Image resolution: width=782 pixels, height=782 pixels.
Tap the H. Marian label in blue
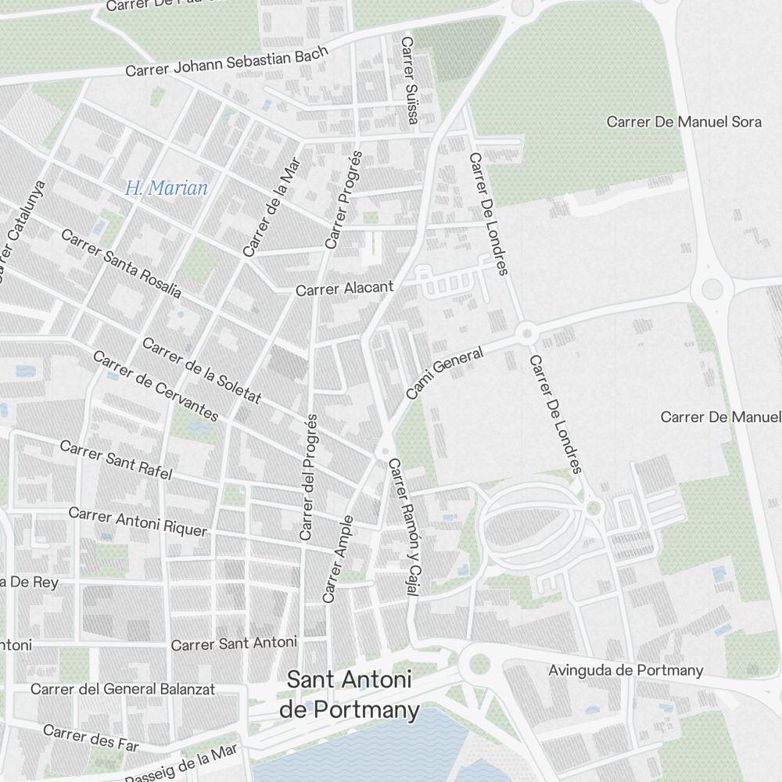pyautogui.click(x=167, y=188)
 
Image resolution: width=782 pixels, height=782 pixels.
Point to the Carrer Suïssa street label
pyautogui.click(x=409, y=80)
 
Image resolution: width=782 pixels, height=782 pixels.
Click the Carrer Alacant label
pyautogui.click(x=344, y=289)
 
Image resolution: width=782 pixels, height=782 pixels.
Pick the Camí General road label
pyautogui.click(x=444, y=375)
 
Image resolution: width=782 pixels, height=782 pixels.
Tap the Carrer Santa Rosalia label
pyautogui.click(x=120, y=264)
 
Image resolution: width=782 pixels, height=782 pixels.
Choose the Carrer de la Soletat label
pyautogui.click(x=201, y=371)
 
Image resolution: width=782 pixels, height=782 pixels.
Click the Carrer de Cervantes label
pyautogui.click(x=155, y=386)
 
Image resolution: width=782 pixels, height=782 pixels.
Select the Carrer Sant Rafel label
pyautogui.click(x=116, y=460)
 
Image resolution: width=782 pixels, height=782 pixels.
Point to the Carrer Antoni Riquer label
pyautogui.click(x=138, y=522)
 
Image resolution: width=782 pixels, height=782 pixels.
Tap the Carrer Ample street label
pyautogui.click(x=338, y=558)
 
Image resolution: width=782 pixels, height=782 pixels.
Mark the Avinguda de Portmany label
pyautogui.click(x=626, y=670)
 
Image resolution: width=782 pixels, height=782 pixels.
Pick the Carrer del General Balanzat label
pyautogui.click(x=123, y=690)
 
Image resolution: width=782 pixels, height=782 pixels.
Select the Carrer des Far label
pyautogui.click(x=91, y=737)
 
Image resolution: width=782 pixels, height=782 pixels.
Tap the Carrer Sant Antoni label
pyautogui.click(x=234, y=644)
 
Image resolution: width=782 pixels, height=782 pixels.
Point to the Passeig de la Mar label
pyautogui.click(x=181, y=766)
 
